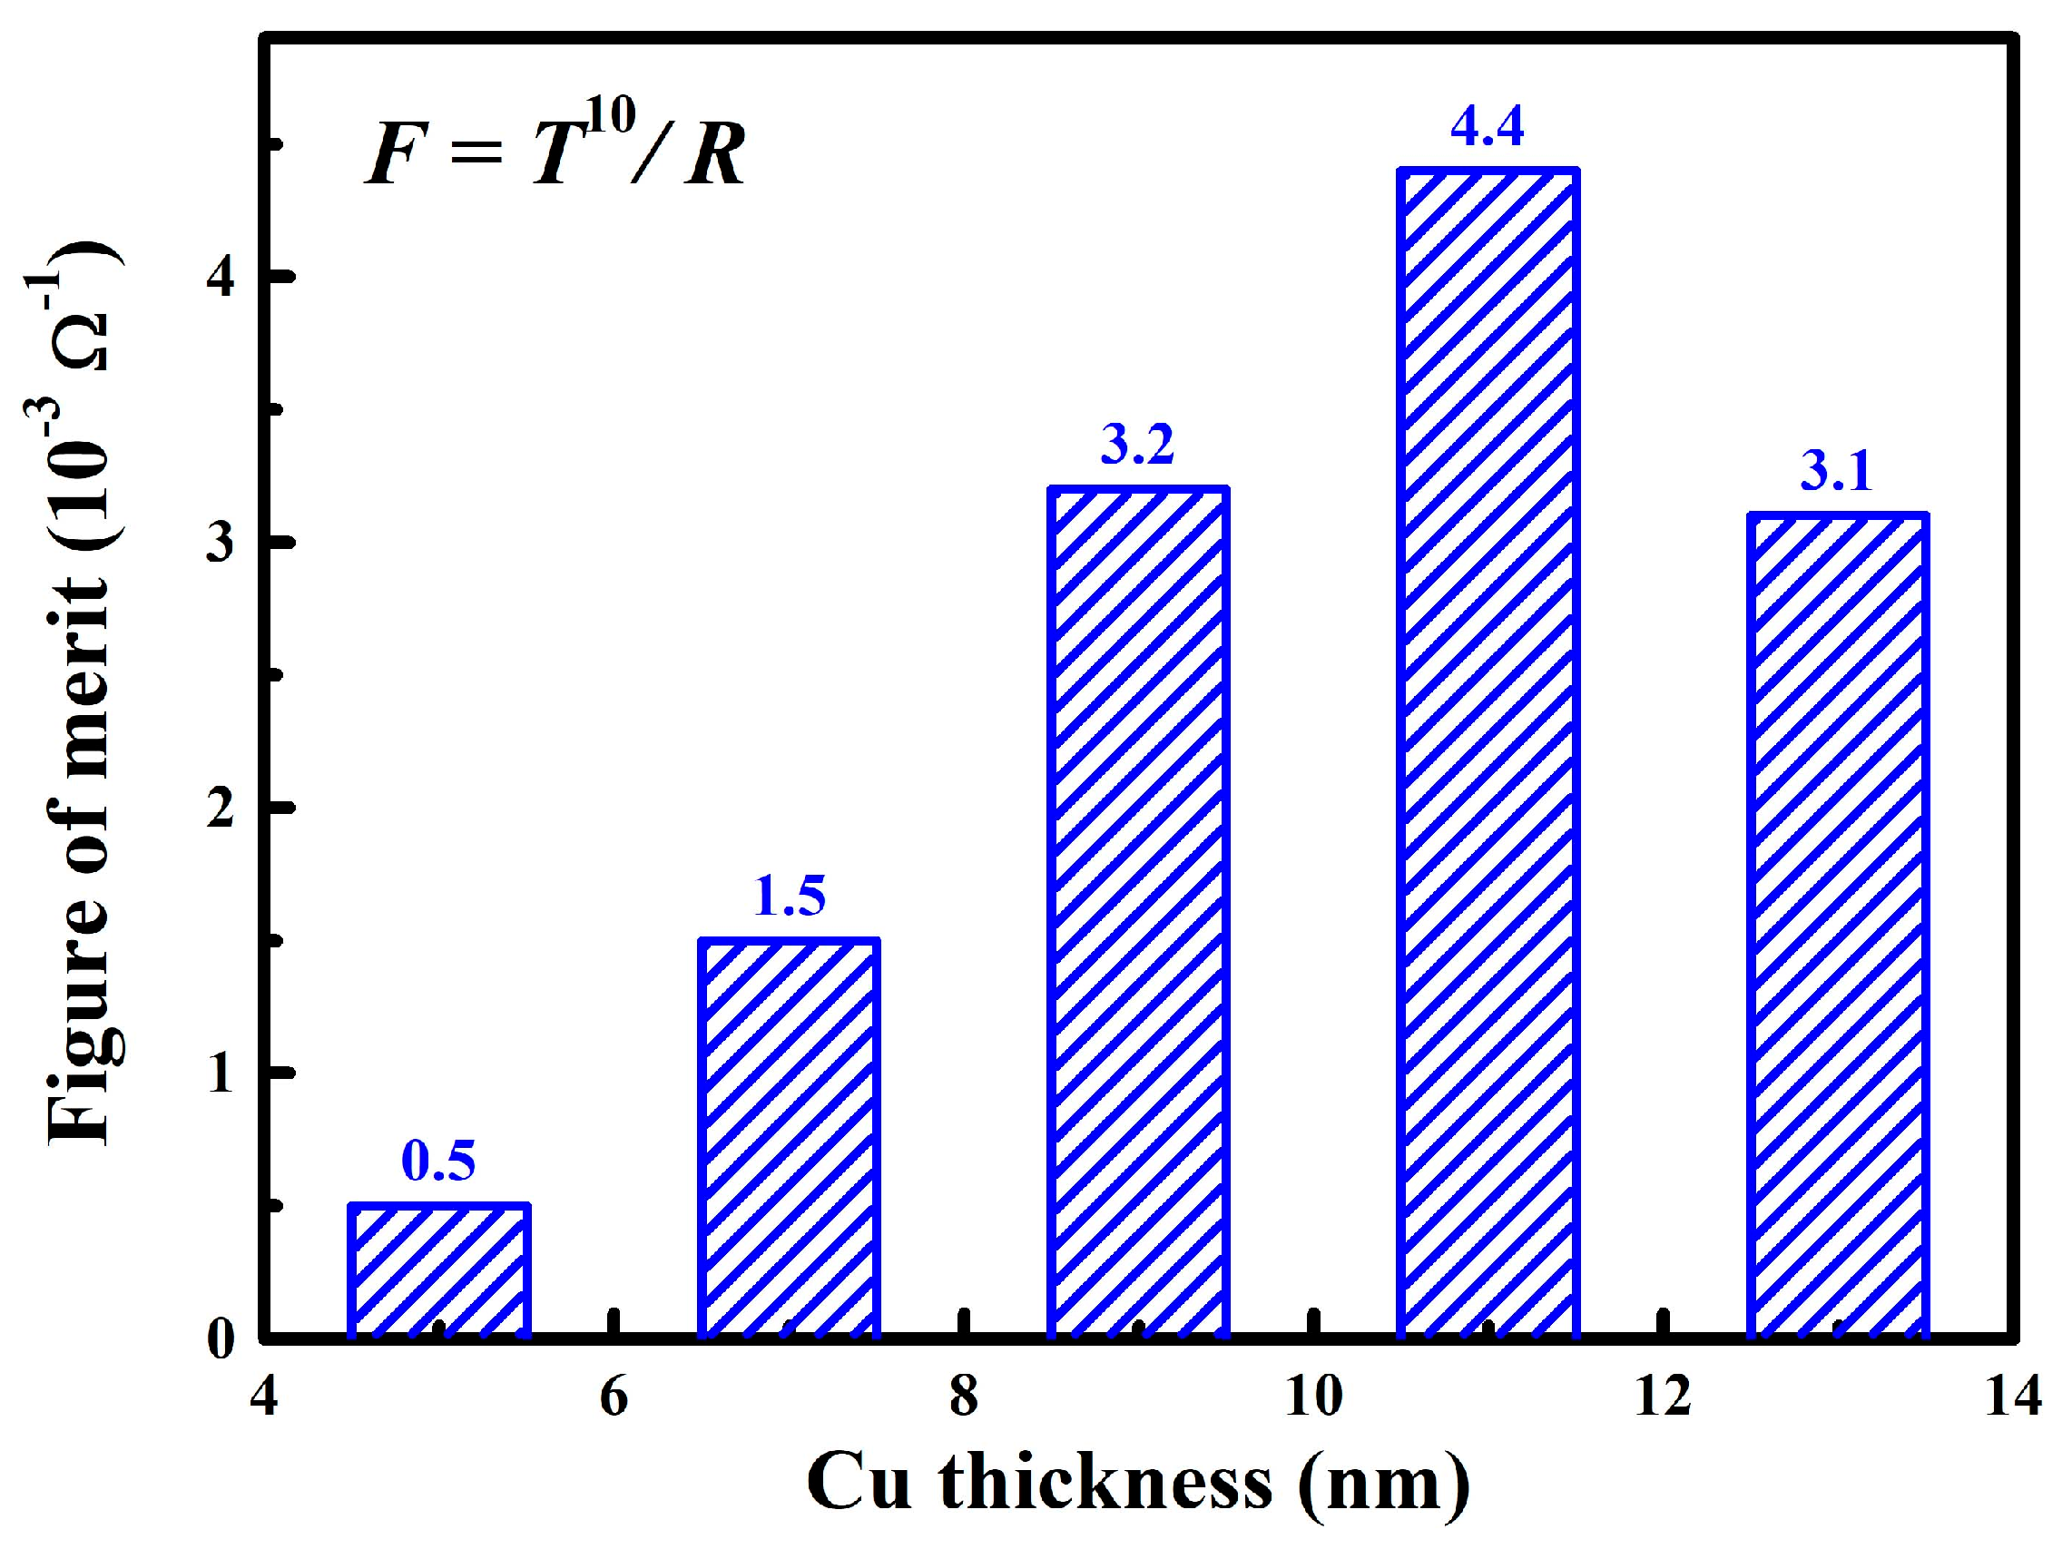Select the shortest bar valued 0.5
[x=439, y=1270]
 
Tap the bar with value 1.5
[x=790, y=1138]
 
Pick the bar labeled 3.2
[x=1138, y=913]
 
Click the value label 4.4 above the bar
[x=1487, y=126]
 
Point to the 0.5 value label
[x=438, y=1162]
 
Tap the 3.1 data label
[x=1836, y=471]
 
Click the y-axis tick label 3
[x=221, y=544]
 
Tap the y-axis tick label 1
[x=221, y=1074]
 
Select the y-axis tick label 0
[x=221, y=1340]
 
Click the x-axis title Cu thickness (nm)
[x=1137, y=1483]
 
